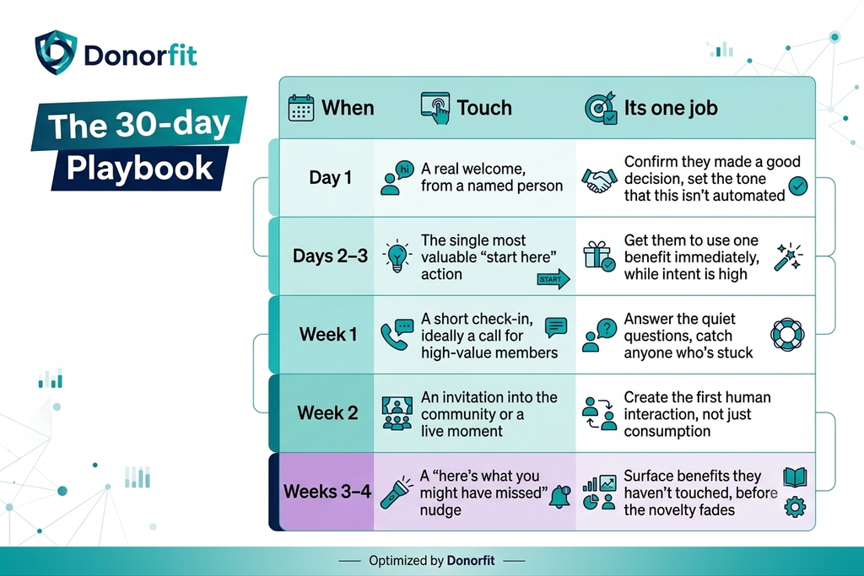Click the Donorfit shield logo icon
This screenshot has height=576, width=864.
tap(56, 51)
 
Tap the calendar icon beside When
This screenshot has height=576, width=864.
tap(301, 107)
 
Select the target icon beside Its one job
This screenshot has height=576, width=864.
tap(601, 108)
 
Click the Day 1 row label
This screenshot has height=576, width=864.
tap(330, 177)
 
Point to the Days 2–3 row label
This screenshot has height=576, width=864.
tap(330, 256)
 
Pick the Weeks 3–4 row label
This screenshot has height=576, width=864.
tap(327, 491)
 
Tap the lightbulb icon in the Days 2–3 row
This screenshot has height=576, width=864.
tap(397, 256)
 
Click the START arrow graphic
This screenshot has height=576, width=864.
tap(553, 279)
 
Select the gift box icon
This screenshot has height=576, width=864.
tap(599, 256)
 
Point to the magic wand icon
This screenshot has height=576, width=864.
tap(788, 256)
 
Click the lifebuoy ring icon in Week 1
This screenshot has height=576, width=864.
tap(787, 334)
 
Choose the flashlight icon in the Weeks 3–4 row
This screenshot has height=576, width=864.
tap(397, 493)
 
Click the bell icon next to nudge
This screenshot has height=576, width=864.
tap(560, 498)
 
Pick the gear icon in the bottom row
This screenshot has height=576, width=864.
tap(795, 506)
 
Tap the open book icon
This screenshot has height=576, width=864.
tap(795, 476)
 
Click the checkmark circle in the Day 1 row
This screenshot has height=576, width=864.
tap(798, 186)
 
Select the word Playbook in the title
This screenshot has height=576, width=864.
tap(139, 169)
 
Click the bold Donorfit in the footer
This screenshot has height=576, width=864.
tap(471, 561)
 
